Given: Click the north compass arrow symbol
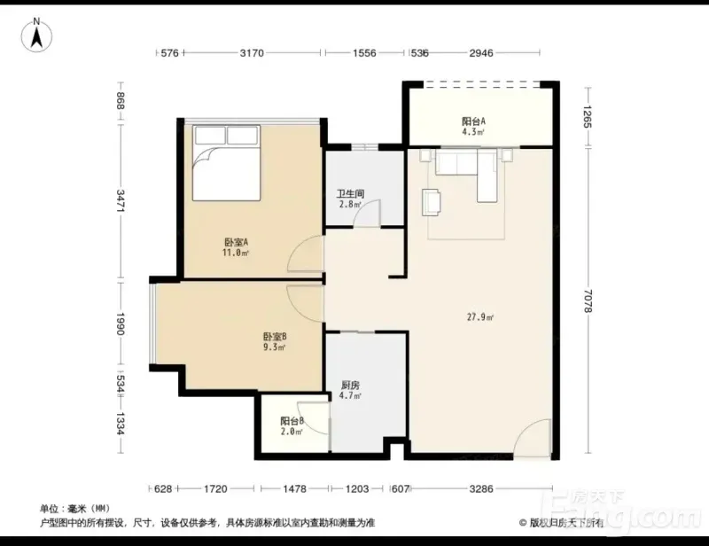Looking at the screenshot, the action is point(36,35).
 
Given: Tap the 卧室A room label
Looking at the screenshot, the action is point(236,243).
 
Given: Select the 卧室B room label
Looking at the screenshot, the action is point(275,337).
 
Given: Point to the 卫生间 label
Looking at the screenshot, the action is point(350,194).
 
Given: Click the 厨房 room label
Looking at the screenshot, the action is point(350,386).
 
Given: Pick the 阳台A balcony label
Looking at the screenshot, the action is point(473,121).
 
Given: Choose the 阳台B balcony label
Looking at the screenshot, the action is point(292,421).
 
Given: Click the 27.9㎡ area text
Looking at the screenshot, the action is point(479,317).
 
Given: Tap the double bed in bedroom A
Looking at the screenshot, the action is point(227,163).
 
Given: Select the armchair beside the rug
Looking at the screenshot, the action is point(432,202).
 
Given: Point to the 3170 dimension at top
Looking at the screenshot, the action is point(252,53).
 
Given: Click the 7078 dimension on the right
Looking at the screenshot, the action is point(588,300).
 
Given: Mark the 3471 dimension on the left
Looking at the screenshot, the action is point(121,201).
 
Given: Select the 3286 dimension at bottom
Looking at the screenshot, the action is point(480,488).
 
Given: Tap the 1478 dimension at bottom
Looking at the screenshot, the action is point(294,488).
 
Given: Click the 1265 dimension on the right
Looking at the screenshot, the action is point(588,116).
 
